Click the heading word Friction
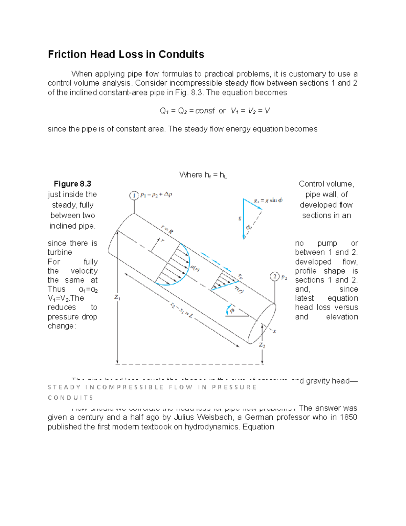pyautogui.click(x=67, y=54)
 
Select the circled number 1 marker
pyautogui.click(x=134, y=195)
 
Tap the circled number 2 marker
pyautogui.click(x=274, y=277)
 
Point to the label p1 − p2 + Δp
pyautogui.click(x=156, y=195)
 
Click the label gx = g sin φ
pyautogui.click(x=268, y=200)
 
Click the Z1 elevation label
pyautogui.click(x=117, y=297)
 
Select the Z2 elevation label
pyautogui.click(x=262, y=345)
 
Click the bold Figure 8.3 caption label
pyautogui.click(x=72, y=184)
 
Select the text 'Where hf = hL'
pyautogui.click(x=203, y=175)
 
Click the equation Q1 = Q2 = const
pyautogui.click(x=187, y=111)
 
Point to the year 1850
pyautogui.click(x=348, y=417)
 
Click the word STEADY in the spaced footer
pyautogui.click(x=64, y=387)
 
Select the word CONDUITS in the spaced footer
pyautogui.click(x=70, y=398)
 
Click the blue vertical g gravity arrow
pyautogui.click(x=243, y=219)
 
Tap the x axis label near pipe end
pyautogui.click(x=274, y=331)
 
